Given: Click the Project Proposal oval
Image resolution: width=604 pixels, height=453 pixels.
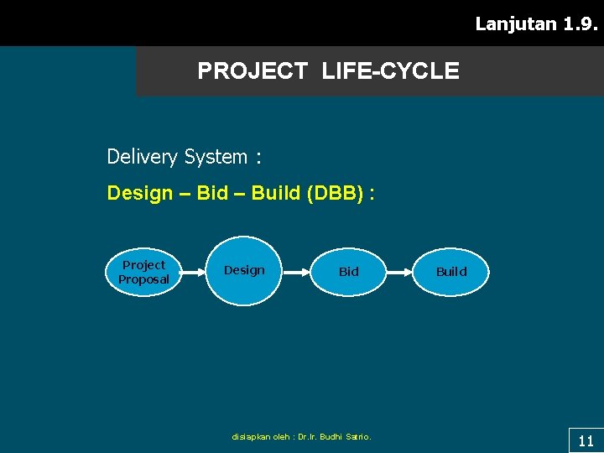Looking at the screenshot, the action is pos(143,272).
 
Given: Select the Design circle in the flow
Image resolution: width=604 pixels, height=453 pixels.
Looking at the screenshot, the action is pos(244,271).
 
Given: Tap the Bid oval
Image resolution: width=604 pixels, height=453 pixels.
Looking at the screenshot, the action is pos(348,272).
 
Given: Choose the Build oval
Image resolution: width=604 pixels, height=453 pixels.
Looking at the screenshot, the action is pos(451,272).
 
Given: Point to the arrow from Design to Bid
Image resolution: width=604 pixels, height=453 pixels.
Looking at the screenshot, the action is pos(296,272).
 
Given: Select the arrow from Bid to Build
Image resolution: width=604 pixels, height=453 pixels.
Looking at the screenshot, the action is pos(398,272).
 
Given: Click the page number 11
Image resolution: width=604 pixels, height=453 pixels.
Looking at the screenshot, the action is pos(586,440).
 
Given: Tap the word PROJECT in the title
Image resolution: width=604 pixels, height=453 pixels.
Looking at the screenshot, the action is pos(253,71).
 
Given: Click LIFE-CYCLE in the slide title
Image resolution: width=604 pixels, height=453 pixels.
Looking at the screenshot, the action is pos(390,71).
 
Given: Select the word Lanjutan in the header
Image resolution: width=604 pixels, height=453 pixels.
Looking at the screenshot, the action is pos(516,23).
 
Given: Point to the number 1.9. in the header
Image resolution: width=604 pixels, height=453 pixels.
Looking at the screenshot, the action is pos(581,23).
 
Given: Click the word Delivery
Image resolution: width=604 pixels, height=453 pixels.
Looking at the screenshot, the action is pos(142,157).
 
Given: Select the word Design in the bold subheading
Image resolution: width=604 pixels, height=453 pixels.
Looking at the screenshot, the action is pos(138,194).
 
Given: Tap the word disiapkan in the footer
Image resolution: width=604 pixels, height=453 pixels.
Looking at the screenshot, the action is pos(250,436).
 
